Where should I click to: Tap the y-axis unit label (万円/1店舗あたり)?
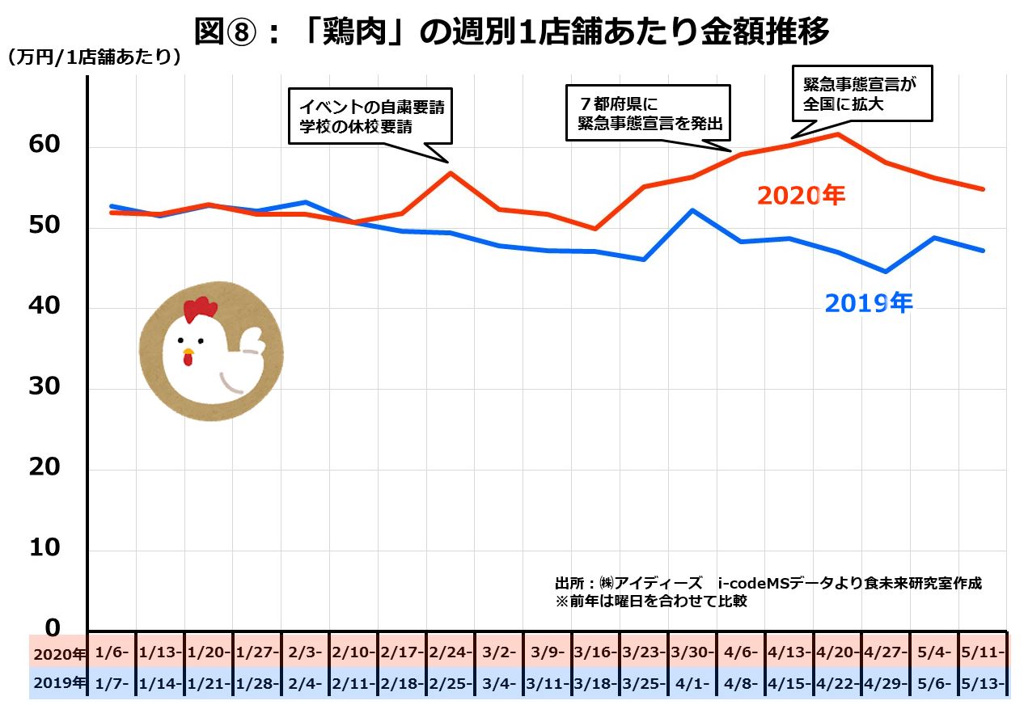(94, 58)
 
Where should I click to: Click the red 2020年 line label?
(801, 196)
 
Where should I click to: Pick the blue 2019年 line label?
(869, 303)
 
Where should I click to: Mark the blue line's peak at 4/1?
(692, 210)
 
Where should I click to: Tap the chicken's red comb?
(200, 307)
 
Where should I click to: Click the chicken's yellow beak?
(188, 353)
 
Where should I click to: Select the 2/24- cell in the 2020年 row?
(451, 652)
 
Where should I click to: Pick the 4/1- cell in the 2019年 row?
(692, 683)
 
